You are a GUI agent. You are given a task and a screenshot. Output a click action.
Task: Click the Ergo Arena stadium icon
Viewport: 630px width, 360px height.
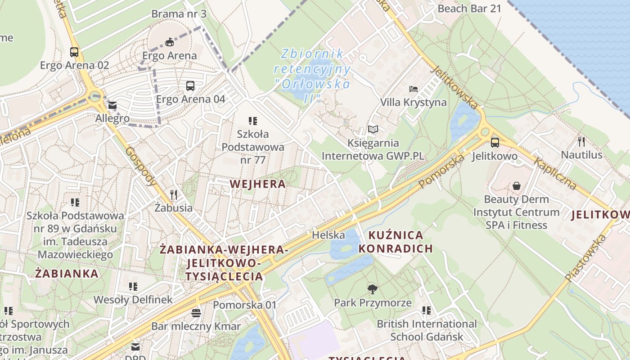[169, 42]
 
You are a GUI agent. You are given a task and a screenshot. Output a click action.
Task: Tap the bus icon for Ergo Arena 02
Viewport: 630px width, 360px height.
[74, 52]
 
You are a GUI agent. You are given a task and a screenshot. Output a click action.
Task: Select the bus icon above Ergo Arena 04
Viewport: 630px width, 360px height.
[190, 85]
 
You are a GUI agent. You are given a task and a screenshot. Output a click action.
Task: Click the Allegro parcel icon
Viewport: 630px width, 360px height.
[112, 106]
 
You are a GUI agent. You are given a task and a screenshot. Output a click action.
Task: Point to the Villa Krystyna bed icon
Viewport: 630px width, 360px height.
[413, 89]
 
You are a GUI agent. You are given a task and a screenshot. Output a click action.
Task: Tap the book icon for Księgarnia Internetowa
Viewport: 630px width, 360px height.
[373, 130]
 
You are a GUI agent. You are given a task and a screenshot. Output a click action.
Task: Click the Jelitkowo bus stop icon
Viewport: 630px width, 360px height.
[495, 143]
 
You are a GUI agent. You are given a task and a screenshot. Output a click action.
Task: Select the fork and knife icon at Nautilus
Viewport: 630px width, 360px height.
[581, 142]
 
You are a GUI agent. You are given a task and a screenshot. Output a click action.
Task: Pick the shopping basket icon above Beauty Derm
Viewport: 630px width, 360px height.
[516, 186]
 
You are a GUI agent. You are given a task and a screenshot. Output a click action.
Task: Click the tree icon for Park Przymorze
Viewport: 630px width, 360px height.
[372, 289]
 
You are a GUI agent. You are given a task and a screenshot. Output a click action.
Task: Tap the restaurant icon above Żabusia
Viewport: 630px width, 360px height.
[174, 194]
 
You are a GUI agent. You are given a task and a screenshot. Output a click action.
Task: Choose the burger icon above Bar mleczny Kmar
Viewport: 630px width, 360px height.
[196, 313]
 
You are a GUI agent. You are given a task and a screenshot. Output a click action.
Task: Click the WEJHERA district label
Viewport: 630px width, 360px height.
[257, 184]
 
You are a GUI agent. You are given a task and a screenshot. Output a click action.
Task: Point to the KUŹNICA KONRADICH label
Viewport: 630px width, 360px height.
[396, 242]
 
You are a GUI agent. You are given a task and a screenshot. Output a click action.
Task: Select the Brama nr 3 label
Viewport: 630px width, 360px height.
[179, 14]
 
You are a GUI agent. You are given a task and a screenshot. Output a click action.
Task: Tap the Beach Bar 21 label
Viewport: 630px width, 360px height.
[469, 9]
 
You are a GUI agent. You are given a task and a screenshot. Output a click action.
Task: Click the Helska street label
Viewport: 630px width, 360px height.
[328, 235]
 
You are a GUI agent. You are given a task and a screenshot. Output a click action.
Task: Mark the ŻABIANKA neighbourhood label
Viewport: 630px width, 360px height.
[67, 274]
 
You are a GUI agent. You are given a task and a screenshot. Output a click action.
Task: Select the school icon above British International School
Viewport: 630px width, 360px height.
[426, 310]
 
